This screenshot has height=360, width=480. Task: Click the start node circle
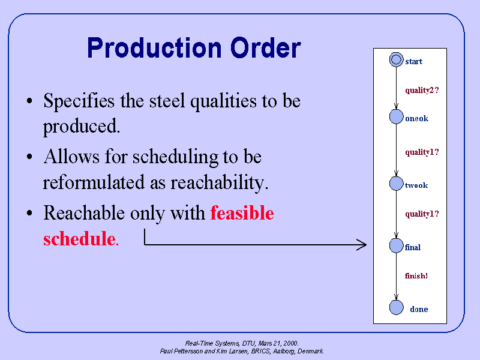pyautogui.click(x=395, y=59)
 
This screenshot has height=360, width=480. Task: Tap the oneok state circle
pyautogui.click(x=396, y=117)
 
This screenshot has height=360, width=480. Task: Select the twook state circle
pyautogui.click(x=396, y=184)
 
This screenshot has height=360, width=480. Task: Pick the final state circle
pyautogui.click(x=396, y=245)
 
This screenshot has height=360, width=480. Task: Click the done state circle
pyautogui.click(x=396, y=307)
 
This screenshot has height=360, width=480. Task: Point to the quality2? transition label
pyautogui.click(x=422, y=91)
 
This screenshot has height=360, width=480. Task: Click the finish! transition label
pyautogui.click(x=416, y=276)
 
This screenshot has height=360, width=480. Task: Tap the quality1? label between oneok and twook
pyautogui.click(x=422, y=152)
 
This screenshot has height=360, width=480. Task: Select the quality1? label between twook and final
pyautogui.click(x=422, y=214)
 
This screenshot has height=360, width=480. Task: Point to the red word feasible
pyautogui.click(x=242, y=213)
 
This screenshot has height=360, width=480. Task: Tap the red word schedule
pyautogui.click(x=79, y=239)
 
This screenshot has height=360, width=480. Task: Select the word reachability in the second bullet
pyautogui.click(x=217, y=182)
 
